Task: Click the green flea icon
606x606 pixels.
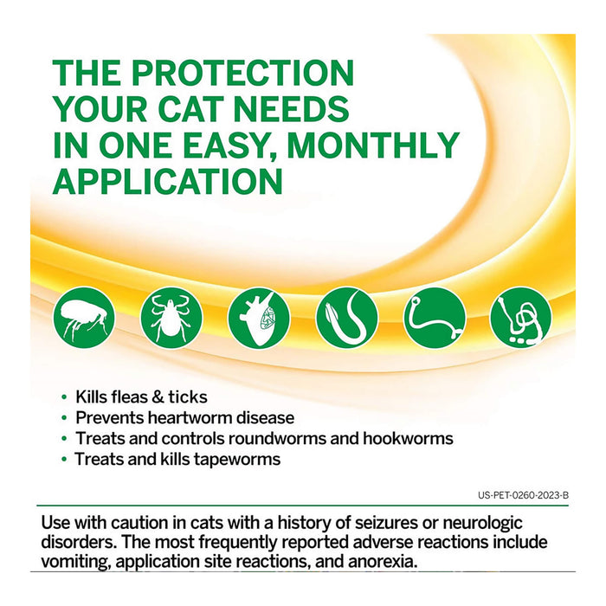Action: coord(83,318)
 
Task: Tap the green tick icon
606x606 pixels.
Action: coord(171,318)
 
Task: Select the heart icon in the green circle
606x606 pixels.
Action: coord(259,318)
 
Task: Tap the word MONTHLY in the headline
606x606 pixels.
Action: coord(373,145)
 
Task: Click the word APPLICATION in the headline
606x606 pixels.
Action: coord(168,181)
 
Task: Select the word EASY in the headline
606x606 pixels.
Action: coord(228,145)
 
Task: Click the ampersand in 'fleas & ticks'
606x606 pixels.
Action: coord(158,397)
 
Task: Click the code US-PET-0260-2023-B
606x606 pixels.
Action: coord(523,496)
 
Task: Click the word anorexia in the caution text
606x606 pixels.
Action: coord(386,562)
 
